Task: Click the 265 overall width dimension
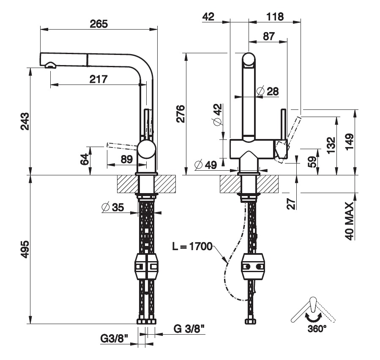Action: (99, 24)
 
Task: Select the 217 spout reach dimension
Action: (98, 79)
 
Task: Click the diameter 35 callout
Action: (113, 207)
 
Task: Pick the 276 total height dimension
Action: (180, 113)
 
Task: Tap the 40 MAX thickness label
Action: (349, 221)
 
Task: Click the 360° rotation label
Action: (316, 328)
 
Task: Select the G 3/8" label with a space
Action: (190, 328)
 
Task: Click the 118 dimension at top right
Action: (275, 16)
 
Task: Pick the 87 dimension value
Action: (268, 36)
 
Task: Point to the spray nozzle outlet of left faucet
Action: (50, 65)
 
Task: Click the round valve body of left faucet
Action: (146, 150)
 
